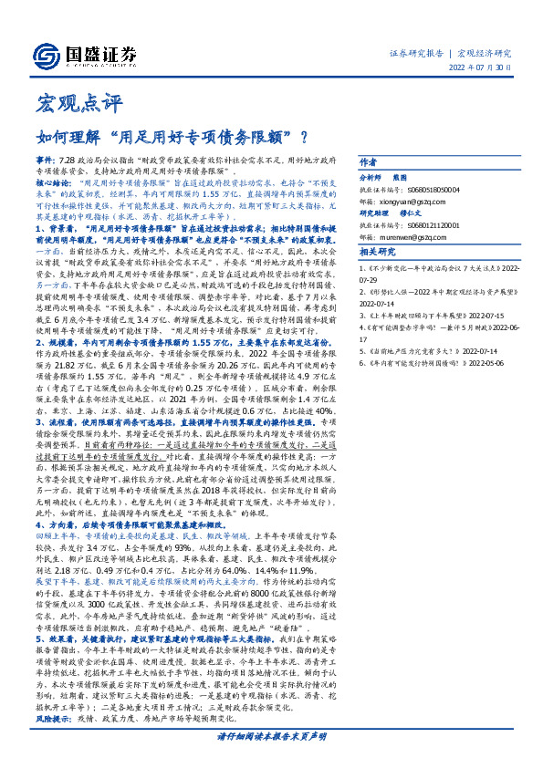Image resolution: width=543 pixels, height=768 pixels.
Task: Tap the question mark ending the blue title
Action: coord(302,138)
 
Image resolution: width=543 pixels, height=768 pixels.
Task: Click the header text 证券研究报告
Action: coord(415,53)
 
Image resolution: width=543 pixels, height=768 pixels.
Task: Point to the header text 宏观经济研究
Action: coord(485,53)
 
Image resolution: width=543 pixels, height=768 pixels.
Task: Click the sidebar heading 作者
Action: coord(369,160)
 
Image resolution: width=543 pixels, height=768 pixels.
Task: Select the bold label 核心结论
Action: coord(52,182)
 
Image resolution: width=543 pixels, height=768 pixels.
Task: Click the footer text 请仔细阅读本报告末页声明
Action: coord(271,736)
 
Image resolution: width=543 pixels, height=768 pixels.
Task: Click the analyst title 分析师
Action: coord(371,177)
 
